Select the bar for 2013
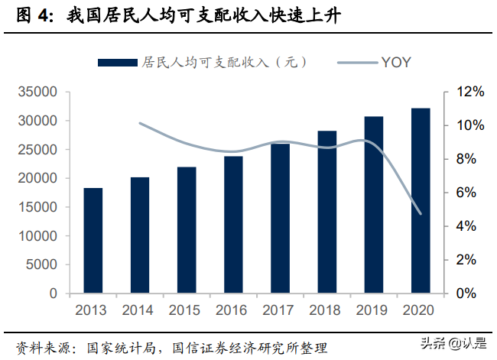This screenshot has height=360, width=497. point(93,240)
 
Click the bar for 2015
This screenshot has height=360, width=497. point(187,229)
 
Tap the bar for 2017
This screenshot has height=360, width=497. point(281,218)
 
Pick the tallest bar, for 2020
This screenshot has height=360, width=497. point(421,200)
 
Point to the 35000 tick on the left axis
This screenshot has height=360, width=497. point(38,92)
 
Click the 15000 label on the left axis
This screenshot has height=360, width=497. point(38,207)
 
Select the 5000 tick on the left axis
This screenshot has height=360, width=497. point(43,264)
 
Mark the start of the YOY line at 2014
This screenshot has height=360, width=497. point(140,123)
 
